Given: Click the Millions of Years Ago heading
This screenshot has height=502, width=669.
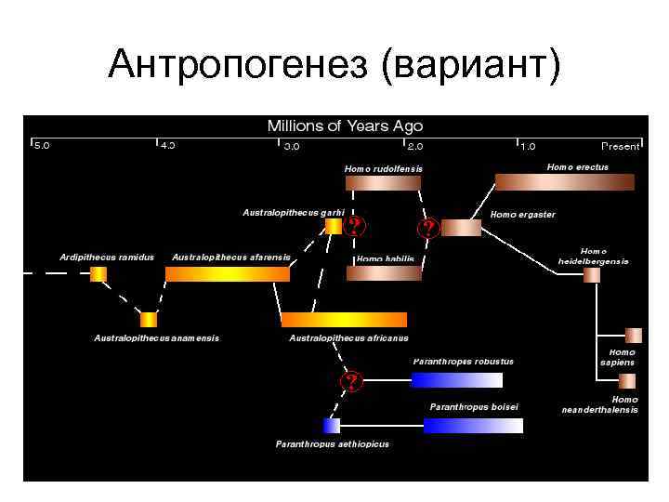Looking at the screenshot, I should point(345,125).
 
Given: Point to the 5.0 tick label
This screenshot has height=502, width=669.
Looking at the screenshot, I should point(43,146).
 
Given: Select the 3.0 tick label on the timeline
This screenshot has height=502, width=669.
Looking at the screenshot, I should point(292,146).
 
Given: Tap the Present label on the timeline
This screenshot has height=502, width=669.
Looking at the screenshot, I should point(620,146).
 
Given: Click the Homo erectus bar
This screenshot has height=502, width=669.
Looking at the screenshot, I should point(564,182).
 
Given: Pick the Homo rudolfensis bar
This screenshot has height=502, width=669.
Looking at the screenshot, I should point(383,184).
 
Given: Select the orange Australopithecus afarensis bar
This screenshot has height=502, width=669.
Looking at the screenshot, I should point(228,273).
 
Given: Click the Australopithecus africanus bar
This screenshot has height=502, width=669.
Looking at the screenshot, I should point(344,319).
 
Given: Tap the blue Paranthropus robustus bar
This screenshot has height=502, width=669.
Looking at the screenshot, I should point(456,379).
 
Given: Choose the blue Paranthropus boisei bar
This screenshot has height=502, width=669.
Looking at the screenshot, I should point(473,425).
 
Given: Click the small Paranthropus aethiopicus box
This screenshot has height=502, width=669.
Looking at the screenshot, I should point(332,425).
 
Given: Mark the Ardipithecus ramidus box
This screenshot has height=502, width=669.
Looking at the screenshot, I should point(98,273).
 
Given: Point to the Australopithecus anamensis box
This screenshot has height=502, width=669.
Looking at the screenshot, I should point(149,319).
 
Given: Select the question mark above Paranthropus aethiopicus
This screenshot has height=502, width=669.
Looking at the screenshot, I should point(351,381).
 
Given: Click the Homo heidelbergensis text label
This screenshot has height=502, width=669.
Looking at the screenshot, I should point(593,256).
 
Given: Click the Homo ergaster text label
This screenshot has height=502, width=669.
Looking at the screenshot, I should point(522,215).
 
